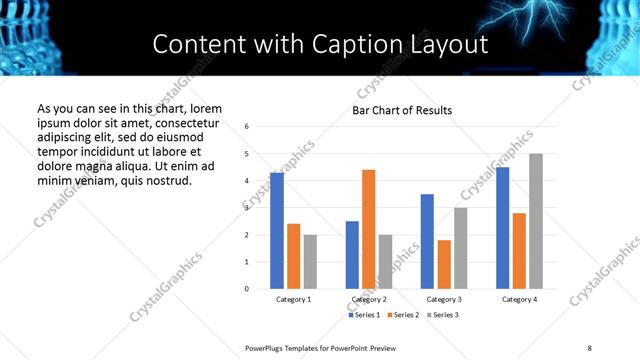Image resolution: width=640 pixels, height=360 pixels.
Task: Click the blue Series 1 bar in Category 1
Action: [x=277, y=231]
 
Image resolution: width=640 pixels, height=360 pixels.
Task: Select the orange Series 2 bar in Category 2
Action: [x=368, y=229]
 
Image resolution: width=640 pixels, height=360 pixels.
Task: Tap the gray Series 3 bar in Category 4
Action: [x=536, y=221]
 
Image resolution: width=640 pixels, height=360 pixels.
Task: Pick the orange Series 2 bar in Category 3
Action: [x=444, y=264]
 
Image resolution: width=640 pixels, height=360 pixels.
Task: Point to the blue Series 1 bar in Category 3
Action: [x=427, y=241]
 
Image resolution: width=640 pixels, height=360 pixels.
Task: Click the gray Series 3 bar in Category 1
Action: [x=310, y=262]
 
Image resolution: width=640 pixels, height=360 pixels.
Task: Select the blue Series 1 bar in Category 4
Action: [x=502, y=228]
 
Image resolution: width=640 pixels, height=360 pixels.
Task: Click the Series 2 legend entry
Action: [x=404, y=315]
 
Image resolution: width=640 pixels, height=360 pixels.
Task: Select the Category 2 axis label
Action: [x=369, y=299]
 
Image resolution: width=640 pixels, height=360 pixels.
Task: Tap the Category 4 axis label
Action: [x=519, y=299]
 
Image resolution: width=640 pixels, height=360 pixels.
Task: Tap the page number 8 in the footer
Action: [x=589, y=347]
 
